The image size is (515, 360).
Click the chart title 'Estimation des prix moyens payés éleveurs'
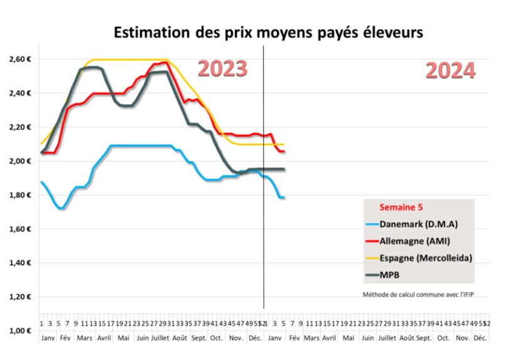268,32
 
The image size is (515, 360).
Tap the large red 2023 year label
222,68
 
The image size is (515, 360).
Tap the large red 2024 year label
450,71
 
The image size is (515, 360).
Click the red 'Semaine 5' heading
400,207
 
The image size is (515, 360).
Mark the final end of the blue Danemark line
284,198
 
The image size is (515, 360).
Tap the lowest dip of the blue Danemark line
60,208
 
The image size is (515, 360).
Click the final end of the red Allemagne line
284,151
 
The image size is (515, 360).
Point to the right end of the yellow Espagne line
284,145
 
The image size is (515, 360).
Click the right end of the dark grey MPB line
284,169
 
